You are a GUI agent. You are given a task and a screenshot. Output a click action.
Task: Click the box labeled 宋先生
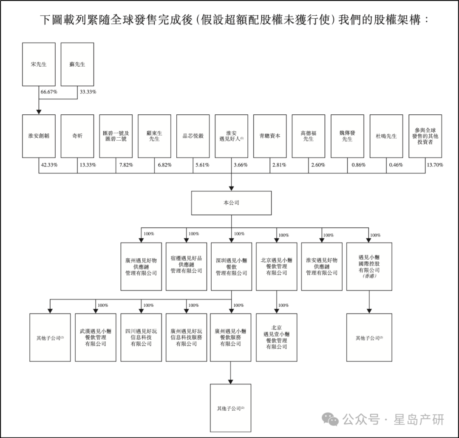point(39,65)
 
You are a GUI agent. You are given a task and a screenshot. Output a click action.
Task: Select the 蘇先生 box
point(77,65)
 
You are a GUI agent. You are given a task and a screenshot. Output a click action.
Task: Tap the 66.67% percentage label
point(48,92)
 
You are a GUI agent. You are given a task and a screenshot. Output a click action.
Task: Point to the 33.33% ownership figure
point(88,92)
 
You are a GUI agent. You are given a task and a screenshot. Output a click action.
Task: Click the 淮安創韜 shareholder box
point(39,136)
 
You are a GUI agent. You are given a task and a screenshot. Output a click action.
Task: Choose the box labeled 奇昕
point(77,136)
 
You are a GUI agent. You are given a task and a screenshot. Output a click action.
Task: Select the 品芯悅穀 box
point(193,136)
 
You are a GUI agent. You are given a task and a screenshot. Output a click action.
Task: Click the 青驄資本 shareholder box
point(270,136)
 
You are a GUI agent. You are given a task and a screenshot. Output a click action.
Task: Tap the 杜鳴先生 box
point(386,136)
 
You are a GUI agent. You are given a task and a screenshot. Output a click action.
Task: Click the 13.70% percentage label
point(435,165)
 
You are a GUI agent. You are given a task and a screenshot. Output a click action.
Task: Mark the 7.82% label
point(126,165)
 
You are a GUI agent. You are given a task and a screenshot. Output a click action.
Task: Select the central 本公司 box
point(231,203)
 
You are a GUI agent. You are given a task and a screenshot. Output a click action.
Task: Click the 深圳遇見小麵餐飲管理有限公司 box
point(231,266)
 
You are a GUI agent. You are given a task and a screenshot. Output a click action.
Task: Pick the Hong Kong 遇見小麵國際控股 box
point(369,266)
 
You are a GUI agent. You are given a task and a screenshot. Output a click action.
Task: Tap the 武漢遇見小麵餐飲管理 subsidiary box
point(96,337)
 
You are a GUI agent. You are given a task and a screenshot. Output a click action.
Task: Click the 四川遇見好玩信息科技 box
point(141,337)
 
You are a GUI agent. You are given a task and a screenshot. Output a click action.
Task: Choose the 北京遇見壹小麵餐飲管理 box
point(276,337)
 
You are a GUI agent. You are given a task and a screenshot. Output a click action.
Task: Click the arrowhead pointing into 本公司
point(231,188)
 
